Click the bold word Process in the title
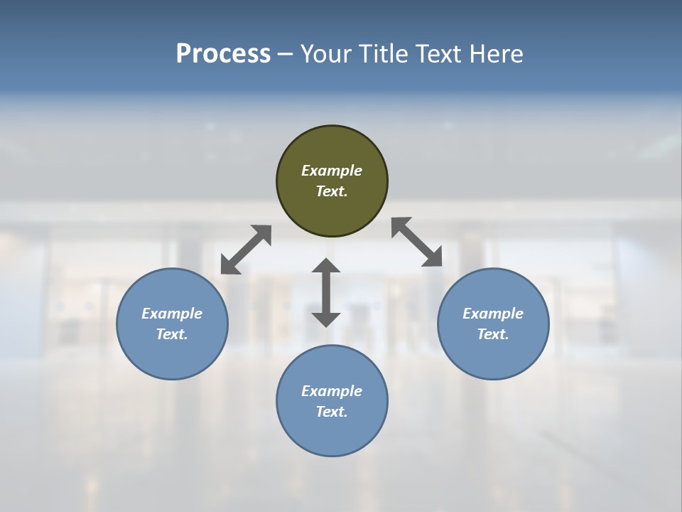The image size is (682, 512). pos(223,54)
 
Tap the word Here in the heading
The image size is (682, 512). pos(497,54)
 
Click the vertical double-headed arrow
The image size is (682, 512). pos(326,292)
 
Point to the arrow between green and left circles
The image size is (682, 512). pos(246,250)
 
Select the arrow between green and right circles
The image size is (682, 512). pos(417,242)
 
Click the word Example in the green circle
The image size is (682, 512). pos(332,171)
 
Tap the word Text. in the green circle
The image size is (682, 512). pos(332,191)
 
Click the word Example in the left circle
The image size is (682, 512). pos(172,314)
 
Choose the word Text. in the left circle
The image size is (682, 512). pos(172,334)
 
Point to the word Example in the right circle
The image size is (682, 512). pos(493,314)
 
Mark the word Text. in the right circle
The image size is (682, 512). pos(493,334)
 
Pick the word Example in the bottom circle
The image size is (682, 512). pos(332,391)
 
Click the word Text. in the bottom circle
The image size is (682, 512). pos(332,412)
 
